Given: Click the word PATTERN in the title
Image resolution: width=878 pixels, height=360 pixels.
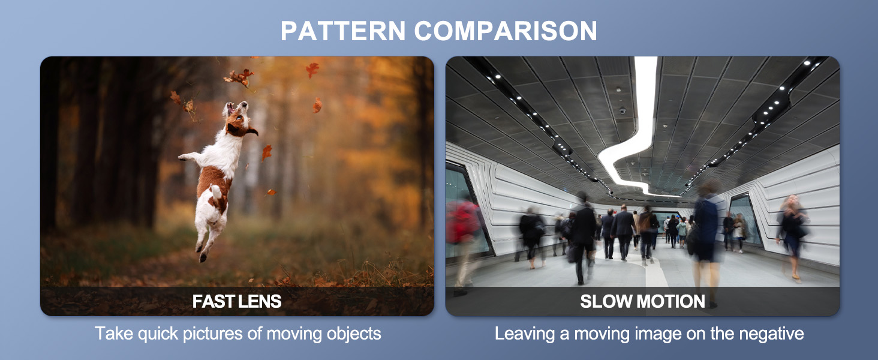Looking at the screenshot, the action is click(343, 31).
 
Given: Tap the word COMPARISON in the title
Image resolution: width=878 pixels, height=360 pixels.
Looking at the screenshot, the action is click(506, 31).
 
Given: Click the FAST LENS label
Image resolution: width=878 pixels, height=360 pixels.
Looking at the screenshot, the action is click(237, 301).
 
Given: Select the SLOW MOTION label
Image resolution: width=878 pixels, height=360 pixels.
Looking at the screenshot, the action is click(642, 301).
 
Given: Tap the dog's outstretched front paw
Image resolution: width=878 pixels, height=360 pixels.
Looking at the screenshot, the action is click(184, 157).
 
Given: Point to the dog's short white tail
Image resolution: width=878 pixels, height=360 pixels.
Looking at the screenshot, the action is click(215, 191).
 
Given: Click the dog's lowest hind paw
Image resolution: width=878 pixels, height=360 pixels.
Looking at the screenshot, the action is click(203, 257).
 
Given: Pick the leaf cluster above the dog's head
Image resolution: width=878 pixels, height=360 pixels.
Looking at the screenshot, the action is click(239, 77).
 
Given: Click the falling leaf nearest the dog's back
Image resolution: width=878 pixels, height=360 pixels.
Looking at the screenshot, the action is click(266, 152).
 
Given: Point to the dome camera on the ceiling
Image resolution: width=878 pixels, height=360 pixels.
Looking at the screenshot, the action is click(623, 110).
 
